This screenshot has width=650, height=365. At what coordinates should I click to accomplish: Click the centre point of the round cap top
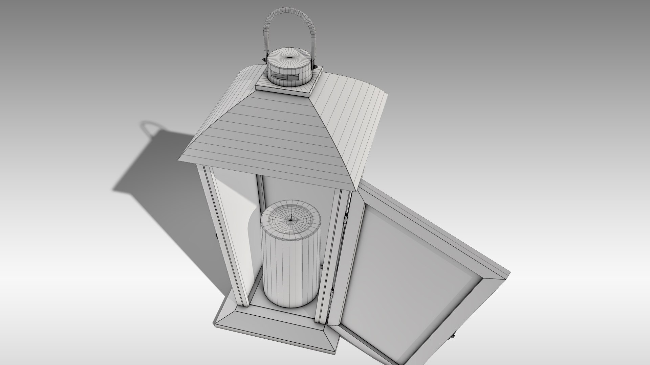pyautogui.click(x=289, y=57)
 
